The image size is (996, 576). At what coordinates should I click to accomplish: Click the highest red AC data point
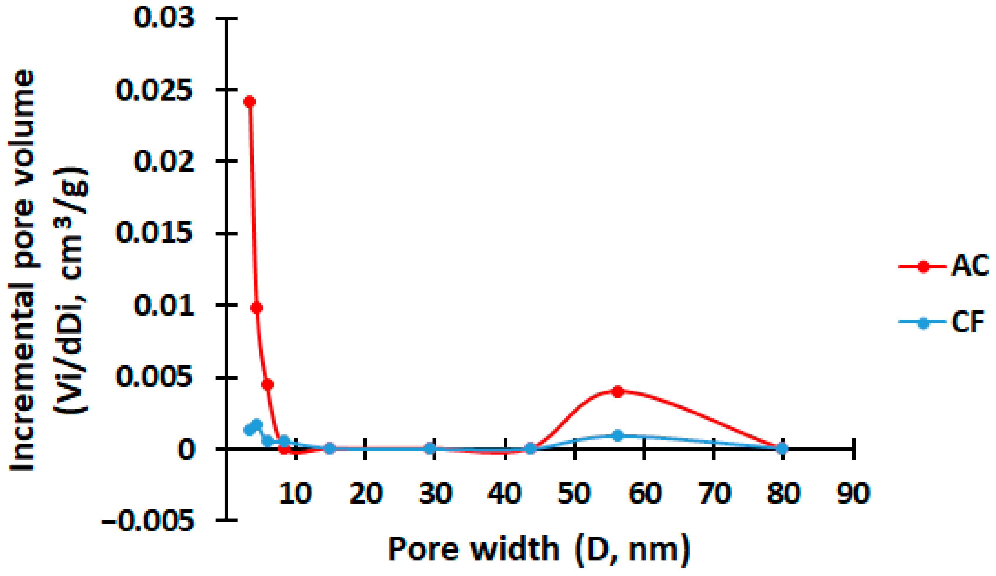pyautogui.click(x=249, y=102)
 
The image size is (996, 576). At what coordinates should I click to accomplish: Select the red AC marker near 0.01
pyautogui.click(x=257, y=308)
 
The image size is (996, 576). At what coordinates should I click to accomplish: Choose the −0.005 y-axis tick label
pyautogui.click(x=148, y=521)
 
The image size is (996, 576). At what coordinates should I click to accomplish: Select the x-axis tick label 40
pyautogui.click(x=505, y=493)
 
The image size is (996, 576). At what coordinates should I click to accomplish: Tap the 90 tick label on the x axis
pyautogui.click(x=853, y=493)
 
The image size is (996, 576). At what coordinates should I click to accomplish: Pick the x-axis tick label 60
pyautogui.click(x=645, y=493)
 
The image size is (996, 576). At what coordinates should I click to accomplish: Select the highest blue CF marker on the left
pyautogui.click(x=257, y=424)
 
